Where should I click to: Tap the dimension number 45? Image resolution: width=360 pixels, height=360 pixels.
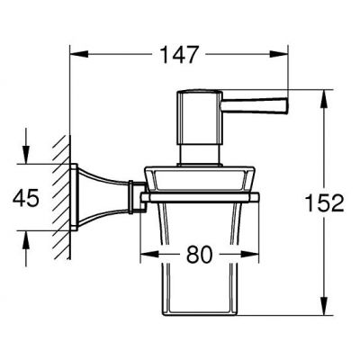tap(28, 198)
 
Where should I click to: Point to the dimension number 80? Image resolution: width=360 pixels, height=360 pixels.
tap(200, 255)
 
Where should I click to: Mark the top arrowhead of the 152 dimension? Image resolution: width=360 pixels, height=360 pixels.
tap(323, 94)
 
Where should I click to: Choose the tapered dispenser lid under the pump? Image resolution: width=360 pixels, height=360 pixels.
tap(197, 177)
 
